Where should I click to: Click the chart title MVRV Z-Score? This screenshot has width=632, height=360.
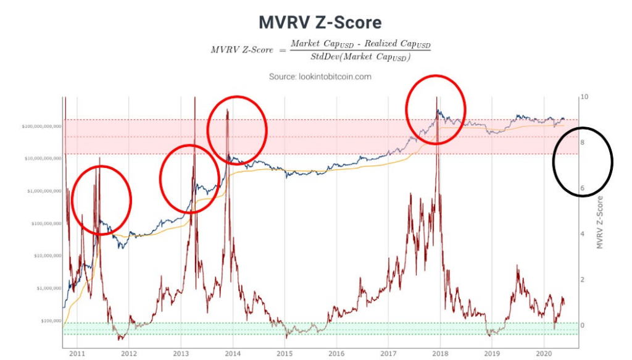click(x=320, y=23)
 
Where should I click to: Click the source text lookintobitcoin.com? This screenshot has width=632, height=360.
click(x=320, y=77)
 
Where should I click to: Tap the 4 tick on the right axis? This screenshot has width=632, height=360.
click(x=583, y=234)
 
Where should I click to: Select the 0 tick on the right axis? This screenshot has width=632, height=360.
click(x=583, y=325)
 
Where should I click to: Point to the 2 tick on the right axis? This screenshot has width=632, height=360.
click(x=583, y=280)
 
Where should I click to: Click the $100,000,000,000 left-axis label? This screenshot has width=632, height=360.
click(x=41, y=126)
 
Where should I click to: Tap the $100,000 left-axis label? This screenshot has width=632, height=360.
click(x=49, y=320)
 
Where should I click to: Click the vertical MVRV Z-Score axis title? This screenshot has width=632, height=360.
click(x=599, y=223)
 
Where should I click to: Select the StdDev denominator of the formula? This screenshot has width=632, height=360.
click(x=361, y=57)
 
